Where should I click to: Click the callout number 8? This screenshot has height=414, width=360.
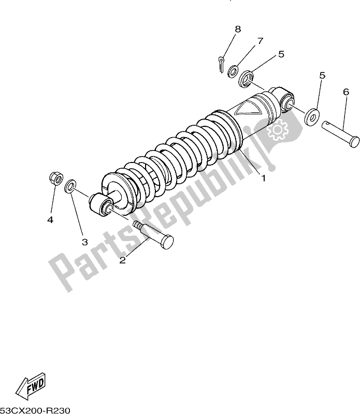click(238, 29)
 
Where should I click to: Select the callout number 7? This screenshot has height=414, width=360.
click(261, 41)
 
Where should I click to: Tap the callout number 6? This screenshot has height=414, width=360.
click(346, 92)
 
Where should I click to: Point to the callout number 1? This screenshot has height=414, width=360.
click(263, 179)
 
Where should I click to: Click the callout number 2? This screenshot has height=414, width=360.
click(122, 260)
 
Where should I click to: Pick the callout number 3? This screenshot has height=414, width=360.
click(84, 242)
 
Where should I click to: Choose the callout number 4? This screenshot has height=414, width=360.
click(50, 219)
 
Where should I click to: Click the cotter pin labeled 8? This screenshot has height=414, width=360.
click(222, 64)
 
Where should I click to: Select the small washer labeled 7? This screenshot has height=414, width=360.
click(233, 72)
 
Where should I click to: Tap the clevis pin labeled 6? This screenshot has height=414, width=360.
click(340, 134)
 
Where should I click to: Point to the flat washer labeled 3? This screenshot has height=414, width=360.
click(70, 186)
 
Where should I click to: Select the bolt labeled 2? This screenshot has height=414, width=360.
click(153, 235)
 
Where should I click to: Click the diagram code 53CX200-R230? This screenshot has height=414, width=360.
click(35, 410)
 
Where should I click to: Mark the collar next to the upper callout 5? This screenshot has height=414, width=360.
click(246, 79)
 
